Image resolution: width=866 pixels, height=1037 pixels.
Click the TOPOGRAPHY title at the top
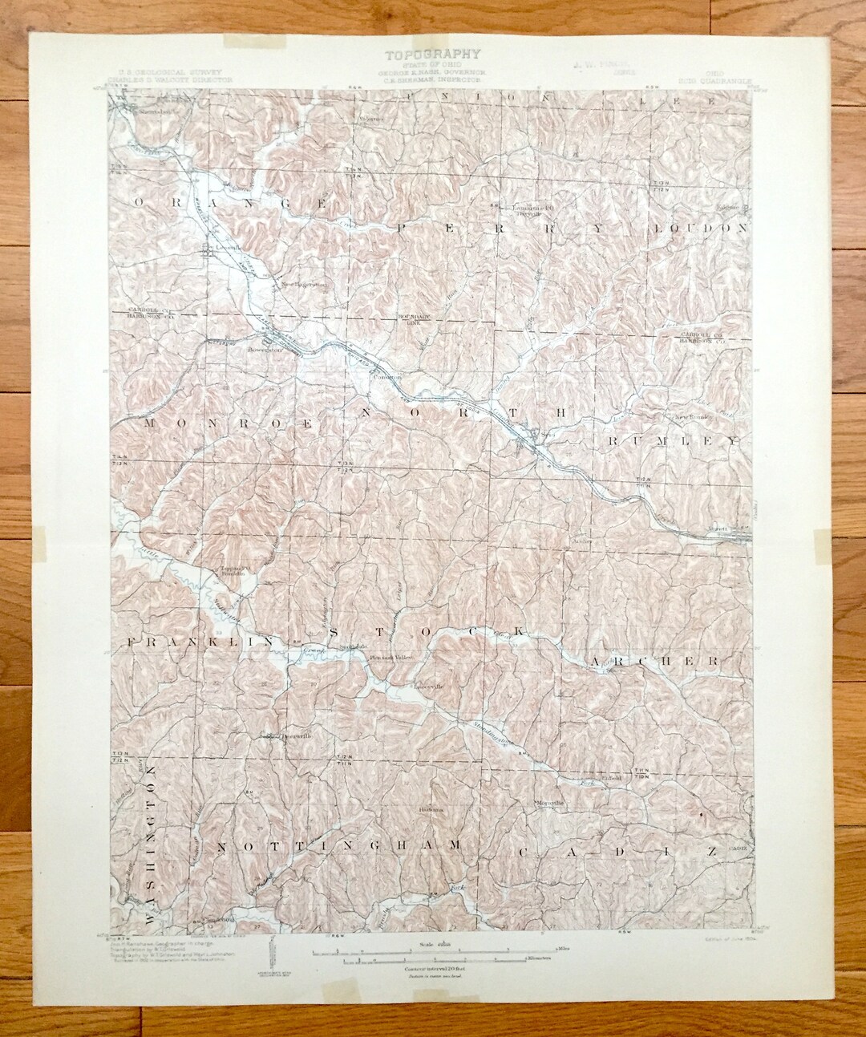(x=433, y=55)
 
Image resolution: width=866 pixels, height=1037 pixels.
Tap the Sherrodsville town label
(x=144, y=112)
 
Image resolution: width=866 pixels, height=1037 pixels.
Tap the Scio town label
(x=526, y=436)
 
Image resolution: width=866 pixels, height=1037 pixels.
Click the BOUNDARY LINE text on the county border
(x=410, y=321)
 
